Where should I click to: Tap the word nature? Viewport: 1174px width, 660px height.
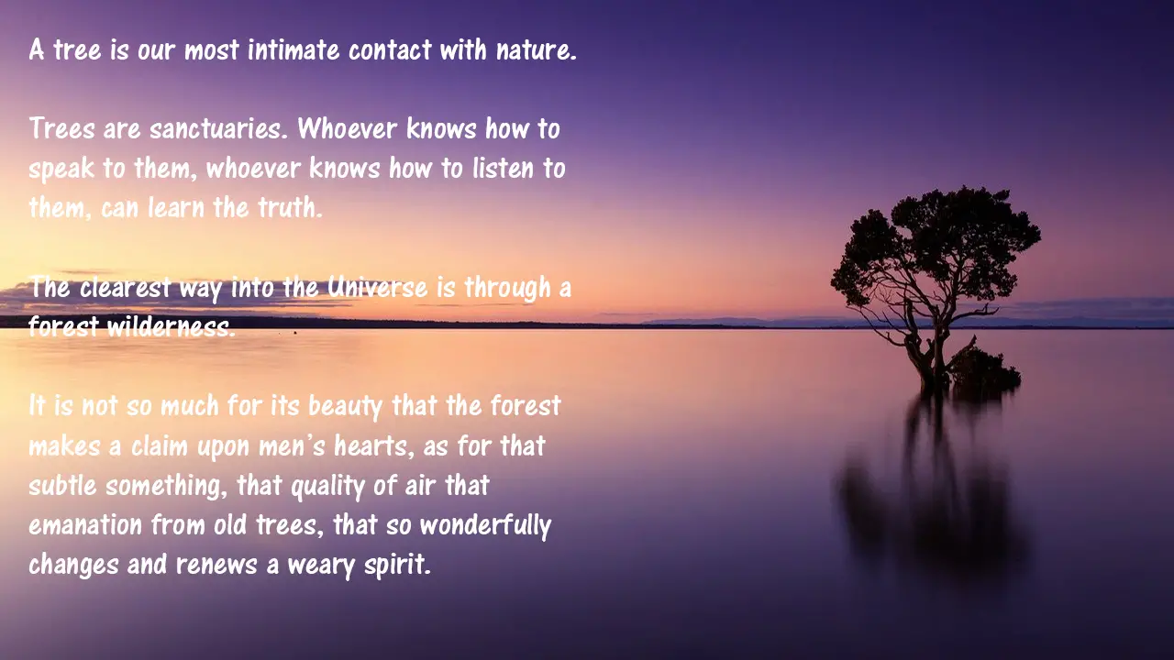tap(537, 49)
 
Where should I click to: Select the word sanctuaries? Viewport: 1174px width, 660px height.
tap(218, 128)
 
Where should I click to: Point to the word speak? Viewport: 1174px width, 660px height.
tap(61, 169)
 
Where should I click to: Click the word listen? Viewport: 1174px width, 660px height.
tap(504, 168)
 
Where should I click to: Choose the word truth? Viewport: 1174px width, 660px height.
tap(291, 207)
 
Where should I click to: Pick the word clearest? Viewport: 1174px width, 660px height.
tap(126, 287)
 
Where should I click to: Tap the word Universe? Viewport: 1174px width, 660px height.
tap(377, 287)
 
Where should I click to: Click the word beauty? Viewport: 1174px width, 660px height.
tap(346, 406)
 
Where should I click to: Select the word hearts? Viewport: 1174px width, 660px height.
tap(374, 445)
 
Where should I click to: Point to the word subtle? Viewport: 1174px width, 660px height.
tap(62, 485)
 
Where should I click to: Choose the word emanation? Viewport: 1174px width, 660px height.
tap(85, 525)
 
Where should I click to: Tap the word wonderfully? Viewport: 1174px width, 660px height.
tap(486, 525)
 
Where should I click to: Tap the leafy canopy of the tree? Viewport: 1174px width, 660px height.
tap(936, 247)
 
